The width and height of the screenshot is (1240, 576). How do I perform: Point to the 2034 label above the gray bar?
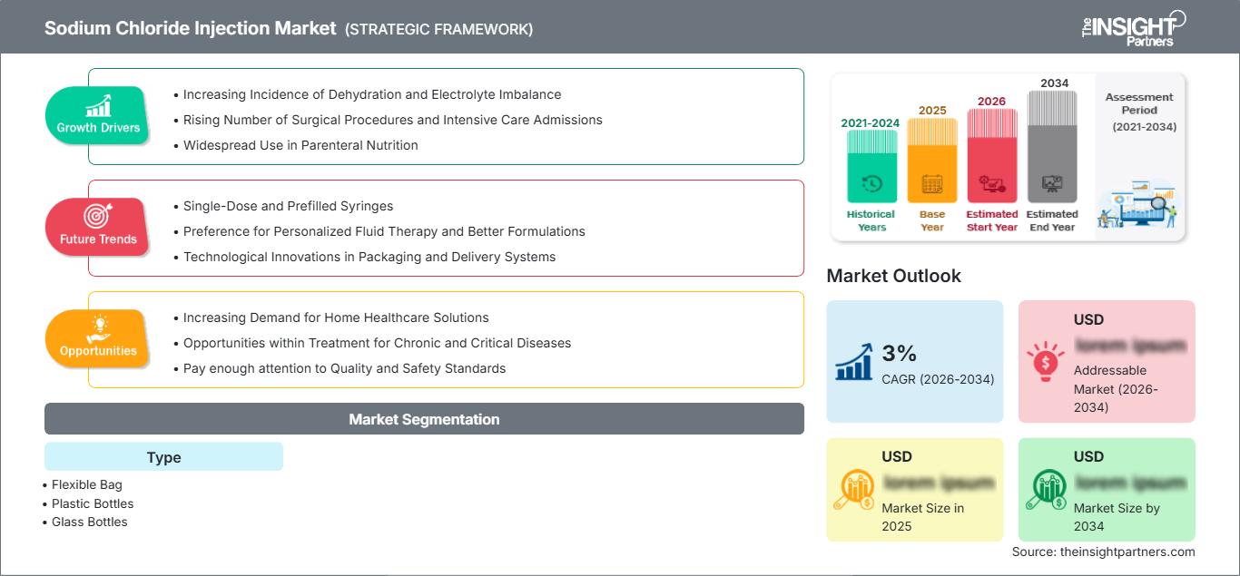pos(1054,83)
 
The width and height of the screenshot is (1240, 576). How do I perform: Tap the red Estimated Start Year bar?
pos(991,155)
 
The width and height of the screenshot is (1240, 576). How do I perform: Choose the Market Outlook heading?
pos(893,276)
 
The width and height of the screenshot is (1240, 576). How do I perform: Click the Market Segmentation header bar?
pos(424,419)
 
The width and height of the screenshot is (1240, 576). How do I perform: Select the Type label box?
pos(163,457)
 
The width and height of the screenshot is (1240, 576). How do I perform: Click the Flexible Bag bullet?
pos(86,485)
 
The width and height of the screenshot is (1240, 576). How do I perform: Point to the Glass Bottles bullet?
pos(89,522)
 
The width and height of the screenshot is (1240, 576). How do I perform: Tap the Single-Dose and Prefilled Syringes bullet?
pos(288,206)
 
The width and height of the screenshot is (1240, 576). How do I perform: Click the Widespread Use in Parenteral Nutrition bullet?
pos(300,145)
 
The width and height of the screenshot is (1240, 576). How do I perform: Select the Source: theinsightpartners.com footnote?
pos(1103,552)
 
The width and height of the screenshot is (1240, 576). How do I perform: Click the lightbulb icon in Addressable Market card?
pos(1044,361)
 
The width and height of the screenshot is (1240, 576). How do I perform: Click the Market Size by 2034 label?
pos(1116,517)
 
